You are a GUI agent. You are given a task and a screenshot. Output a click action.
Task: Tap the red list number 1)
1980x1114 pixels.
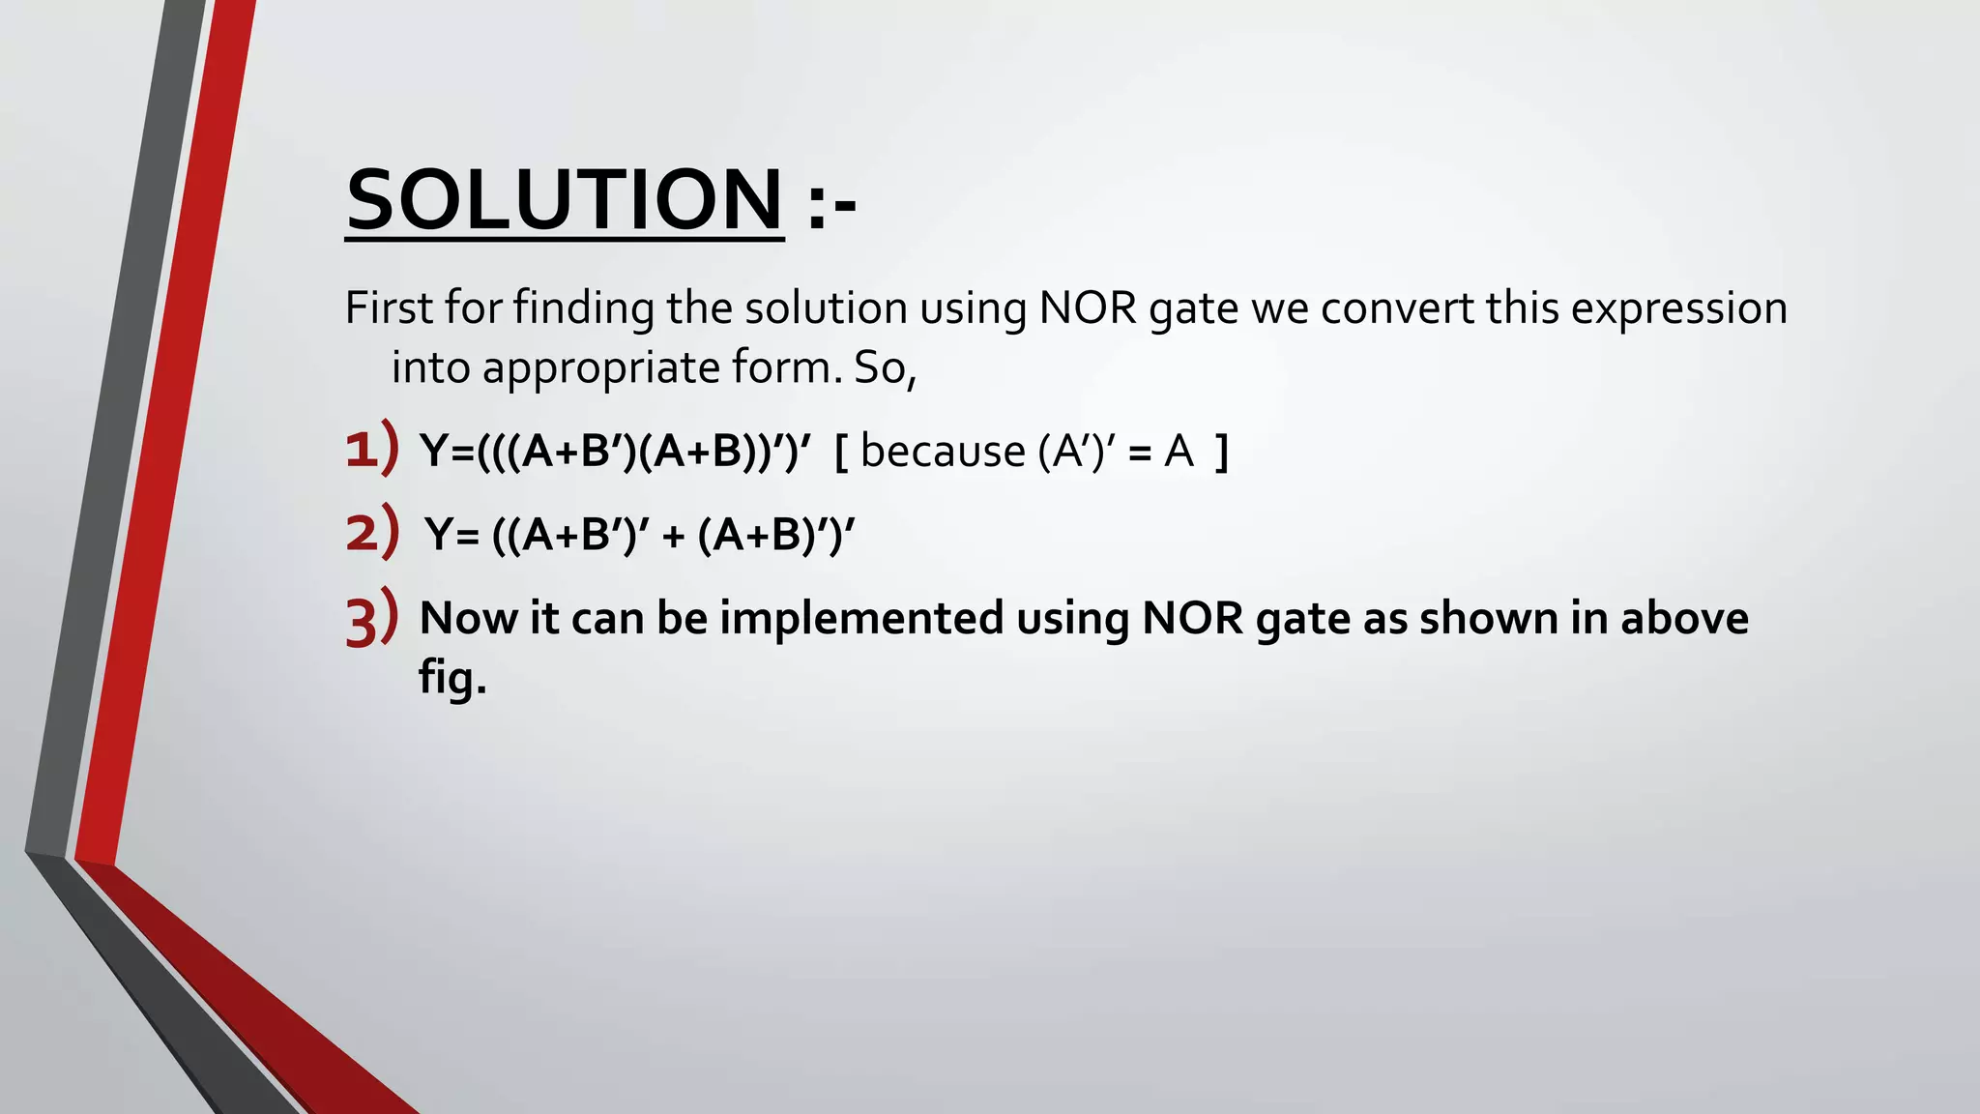click(371, 449)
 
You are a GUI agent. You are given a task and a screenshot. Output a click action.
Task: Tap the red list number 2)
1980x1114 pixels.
click(372, 532)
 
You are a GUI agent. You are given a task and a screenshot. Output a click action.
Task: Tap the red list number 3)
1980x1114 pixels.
click(371, 618)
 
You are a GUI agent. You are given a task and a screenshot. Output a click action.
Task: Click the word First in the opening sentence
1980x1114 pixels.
click(390, 308)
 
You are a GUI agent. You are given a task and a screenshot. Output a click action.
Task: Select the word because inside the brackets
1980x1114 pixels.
click(943, 451)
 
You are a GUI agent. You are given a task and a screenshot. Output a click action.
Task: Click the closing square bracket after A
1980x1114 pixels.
click(1222, 452)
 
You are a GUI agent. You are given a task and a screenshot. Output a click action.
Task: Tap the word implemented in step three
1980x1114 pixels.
click(861, 618)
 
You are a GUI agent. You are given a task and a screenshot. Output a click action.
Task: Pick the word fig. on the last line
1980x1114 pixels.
click(452, 677)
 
